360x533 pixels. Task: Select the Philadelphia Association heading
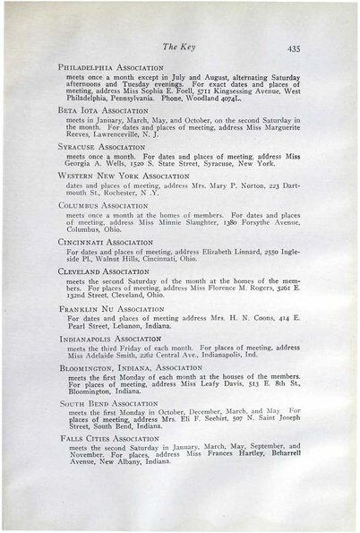click(110, 67)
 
